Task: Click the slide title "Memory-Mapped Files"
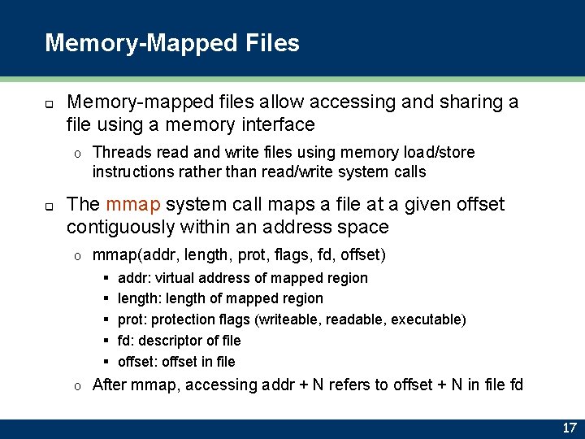[x=172, y=42]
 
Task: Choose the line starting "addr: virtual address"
[x=242, y=278]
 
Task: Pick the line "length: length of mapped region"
[x=220, y=298]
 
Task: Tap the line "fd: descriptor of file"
[x=179, y=341]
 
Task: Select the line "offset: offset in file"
[x=176, y=362]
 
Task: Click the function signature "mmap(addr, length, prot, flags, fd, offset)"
[x=239, y=255]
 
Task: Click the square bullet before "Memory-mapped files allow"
[x=49, y=104]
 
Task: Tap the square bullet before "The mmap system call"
[x=49, y=206]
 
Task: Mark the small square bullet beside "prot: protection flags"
[x=106, y=320]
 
